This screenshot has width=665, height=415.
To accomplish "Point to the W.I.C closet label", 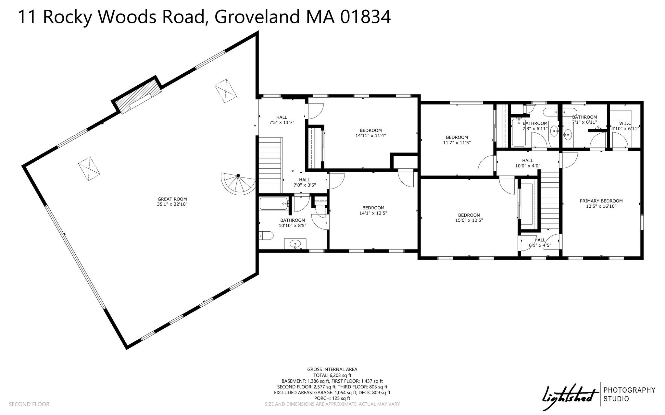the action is point(625,123).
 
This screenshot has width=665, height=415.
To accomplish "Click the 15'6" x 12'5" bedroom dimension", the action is point(469,220).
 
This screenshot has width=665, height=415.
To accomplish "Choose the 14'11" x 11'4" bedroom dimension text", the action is point(370,136).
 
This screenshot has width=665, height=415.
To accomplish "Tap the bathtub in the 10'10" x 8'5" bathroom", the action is point(273,204).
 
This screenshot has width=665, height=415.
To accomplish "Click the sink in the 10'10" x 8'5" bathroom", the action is point(295,243).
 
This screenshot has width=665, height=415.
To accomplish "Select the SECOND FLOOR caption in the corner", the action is point(29,404).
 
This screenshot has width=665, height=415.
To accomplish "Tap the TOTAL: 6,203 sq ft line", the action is point(332,375).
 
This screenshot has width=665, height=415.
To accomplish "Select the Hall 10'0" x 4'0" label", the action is point(528,163).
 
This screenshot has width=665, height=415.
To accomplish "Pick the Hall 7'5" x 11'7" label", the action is point(282,120).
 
